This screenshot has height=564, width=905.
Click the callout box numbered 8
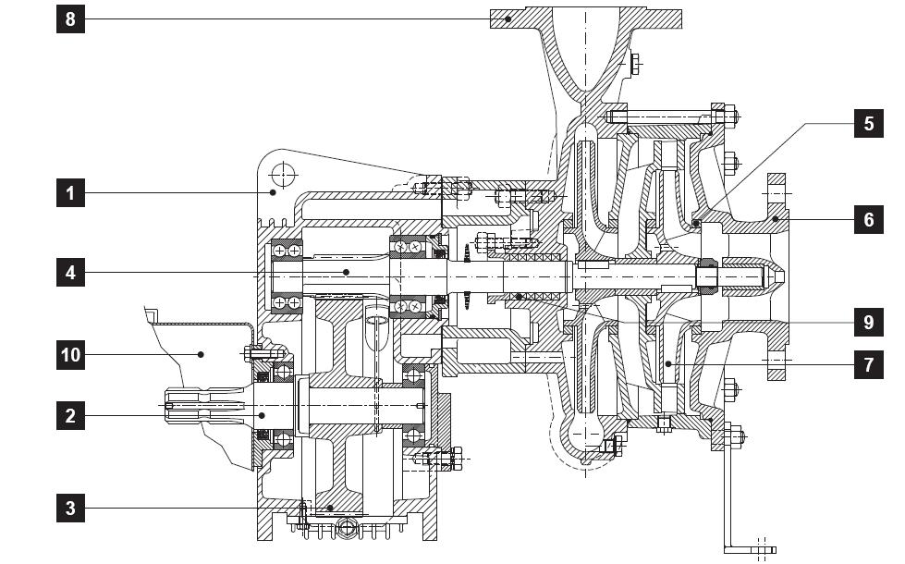point(70,19)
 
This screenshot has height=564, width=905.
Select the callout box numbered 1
point(70,193)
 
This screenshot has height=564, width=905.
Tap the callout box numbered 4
point(70,272)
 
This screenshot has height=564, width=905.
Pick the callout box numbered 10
point(70,354)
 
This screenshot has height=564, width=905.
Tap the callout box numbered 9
point(868,322)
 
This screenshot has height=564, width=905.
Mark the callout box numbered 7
point(868,365)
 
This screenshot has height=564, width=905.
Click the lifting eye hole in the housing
point(284,174)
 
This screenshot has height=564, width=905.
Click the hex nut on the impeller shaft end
point(709,276)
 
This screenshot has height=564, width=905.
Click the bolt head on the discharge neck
point(635,64)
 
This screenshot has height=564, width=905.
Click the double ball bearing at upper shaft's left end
point(286,276)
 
